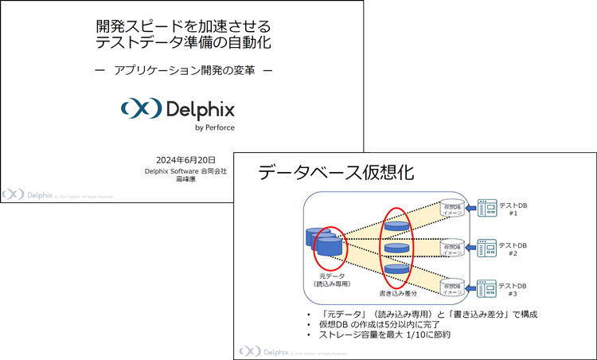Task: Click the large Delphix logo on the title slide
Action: [x=178, y=108]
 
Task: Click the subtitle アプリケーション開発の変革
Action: [x=184, y=70]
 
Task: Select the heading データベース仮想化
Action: [x=337, y=172]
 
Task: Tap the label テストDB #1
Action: [x=513, y=209]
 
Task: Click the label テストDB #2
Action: [x=513, y=248]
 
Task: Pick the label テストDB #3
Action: [x=513, y=288]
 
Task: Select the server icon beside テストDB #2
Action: [x=486, y=248]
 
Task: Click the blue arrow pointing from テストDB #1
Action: [x=469, y=209]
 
